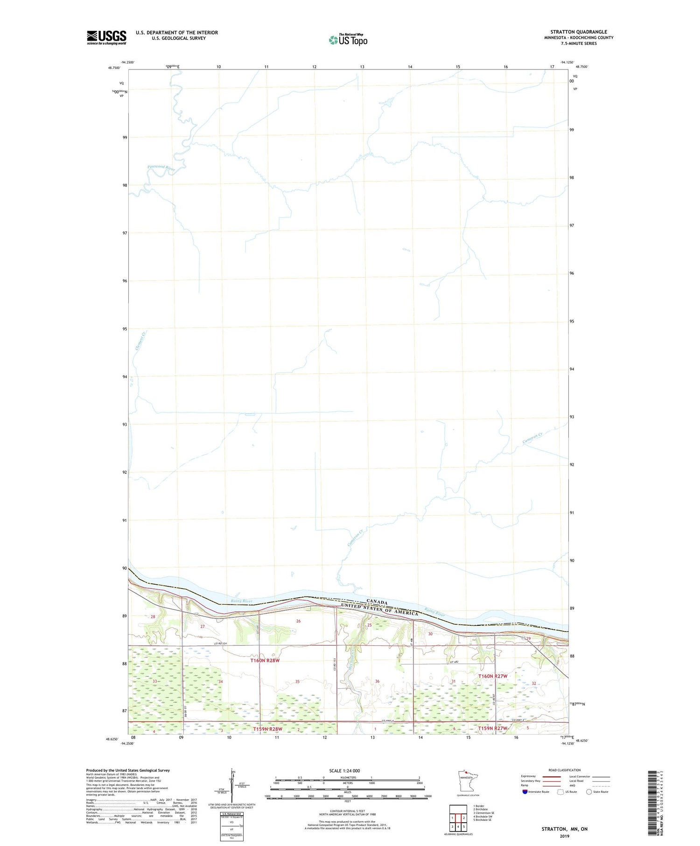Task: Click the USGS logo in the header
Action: (106, 37)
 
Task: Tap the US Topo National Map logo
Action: (348, 40)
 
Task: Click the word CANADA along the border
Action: (377, 602)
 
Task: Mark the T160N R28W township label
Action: (265, 660)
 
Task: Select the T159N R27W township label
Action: (492, 728)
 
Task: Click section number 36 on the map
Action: (377, 681)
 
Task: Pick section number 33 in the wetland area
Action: (154, 681)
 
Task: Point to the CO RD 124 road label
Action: (220, 644)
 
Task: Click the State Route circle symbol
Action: (589, 791)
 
